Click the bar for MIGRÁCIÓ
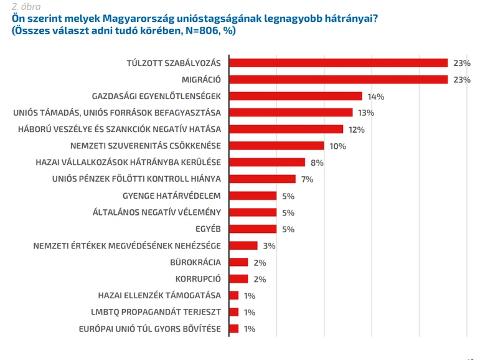point(339,80)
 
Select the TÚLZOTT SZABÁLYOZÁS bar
point(339,63)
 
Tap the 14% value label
point(376,97)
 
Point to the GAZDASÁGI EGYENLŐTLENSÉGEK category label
point(156,97)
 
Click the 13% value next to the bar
point(366,113)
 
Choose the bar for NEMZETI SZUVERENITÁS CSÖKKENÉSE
point(276,146)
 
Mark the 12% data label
point(357,130)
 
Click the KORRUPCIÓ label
point(198,278)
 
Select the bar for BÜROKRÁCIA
point(238,262)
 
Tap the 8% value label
point(317,163)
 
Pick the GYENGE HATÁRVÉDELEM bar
point(253,196)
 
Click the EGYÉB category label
point(208,229)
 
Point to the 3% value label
point(269,246)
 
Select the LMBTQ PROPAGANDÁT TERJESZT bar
point(234,312)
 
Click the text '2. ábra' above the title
point(26,7)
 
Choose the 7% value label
point(307,179)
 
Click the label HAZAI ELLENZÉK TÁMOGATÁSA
point(159,295)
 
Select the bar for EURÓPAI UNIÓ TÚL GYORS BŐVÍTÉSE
point(234,328)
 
